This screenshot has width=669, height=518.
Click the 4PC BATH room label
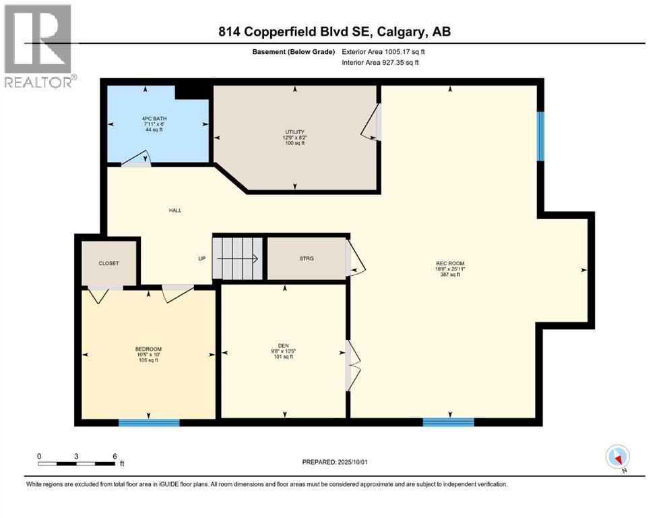point(154,119)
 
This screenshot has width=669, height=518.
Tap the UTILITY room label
point(295,132)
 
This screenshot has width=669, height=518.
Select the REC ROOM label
point(450,264)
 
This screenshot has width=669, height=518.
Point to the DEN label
point(284,345)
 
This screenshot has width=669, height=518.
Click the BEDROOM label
point(148,349)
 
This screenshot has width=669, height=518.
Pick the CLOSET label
point(108,263)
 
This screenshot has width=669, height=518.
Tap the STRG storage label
point(307,258)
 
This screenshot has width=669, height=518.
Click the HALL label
point(175,210)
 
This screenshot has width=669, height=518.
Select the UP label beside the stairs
point(202,258)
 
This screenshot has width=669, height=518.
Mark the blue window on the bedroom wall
point(149,423)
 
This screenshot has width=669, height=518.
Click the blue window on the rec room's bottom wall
point(449,422)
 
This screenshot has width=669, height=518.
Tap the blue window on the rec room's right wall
point(540,136)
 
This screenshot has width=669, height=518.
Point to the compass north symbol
point(617,457)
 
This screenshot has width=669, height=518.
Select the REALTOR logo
point(39,46)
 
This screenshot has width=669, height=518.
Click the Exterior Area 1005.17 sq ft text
point(383,52)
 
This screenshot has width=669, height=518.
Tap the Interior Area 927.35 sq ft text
point(380,62)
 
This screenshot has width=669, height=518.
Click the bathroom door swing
point(135,158)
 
